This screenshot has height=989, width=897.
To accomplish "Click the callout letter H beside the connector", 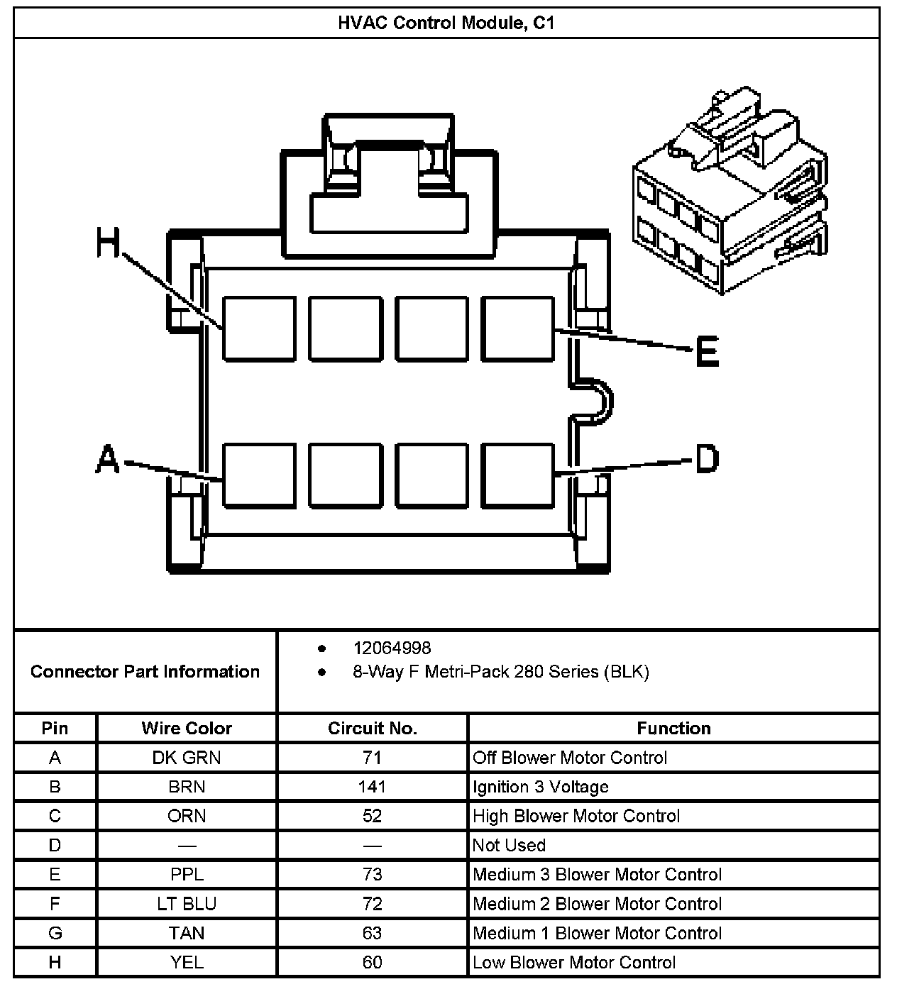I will [109, 244].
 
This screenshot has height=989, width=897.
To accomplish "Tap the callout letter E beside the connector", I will [706, 351].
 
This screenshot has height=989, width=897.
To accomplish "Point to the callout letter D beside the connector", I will [707, 459].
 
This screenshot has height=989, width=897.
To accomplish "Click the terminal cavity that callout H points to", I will [259, 329].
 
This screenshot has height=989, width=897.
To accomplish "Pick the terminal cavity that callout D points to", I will [517, 475].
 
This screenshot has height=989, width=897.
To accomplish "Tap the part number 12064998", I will [392, 648].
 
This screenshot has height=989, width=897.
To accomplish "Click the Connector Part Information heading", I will [145, 671].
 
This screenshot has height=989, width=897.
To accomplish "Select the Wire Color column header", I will [187, 728].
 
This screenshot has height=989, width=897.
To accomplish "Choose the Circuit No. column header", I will [372, 728].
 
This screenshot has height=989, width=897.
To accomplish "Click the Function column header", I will [673, 728].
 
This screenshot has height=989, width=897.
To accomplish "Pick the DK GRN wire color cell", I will [187, 758].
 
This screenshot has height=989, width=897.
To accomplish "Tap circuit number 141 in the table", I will [372, 787].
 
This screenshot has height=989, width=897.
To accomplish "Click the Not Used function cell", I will [509, 845].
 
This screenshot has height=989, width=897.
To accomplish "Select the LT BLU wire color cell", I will [187, 904].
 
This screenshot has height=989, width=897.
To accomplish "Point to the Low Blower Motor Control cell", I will [574, 962].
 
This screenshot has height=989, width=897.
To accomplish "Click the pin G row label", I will [55, 933].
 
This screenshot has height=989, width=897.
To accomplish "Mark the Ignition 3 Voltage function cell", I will [541, 787].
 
